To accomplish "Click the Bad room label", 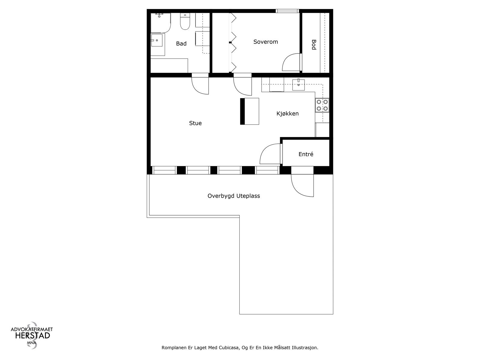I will point(181,44).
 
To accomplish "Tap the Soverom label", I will point(265,42).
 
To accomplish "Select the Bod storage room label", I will point(314,45).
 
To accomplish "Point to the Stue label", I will point(195,123).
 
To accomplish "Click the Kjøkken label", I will point(287,114).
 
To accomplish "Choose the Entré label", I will point(306,154).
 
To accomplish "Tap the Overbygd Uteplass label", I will point(234,196).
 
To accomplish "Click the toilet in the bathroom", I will point(185,22).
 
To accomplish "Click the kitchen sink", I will point(298,85).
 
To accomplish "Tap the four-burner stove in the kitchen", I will point(322,105).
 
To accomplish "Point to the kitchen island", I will point(250,111).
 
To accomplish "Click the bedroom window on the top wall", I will point(287,11).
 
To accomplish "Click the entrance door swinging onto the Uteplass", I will point(302,185).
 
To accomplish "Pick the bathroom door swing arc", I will point(199,85).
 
